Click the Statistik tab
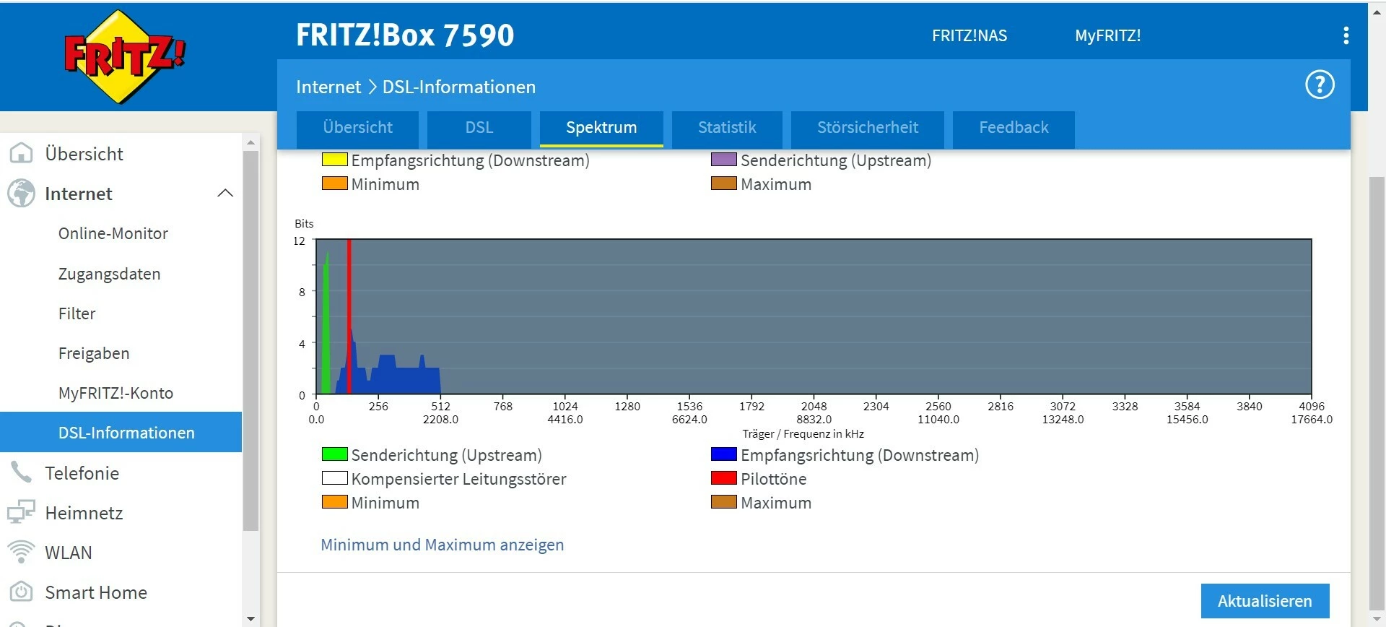pos(727,128)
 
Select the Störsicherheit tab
pos(867,128)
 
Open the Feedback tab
pos(1013,128)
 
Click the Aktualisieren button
pos(1264,601)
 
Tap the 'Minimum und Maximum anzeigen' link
pos(442,545)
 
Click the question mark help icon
pos(1319,85)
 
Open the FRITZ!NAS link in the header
pos(969,36)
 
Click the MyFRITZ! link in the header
pos(1107,36)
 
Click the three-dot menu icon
pos(1346,36)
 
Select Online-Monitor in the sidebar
pos(113,233)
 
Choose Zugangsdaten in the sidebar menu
pos(109,274)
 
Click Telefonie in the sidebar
pos(82,473)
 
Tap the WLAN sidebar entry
pos(69,553)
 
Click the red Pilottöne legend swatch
pos(723,477)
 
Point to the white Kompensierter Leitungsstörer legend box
pos(334,477)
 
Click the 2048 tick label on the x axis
pos(814,406)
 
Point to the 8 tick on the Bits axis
pos(302,292)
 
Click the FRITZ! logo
pos(124,56)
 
